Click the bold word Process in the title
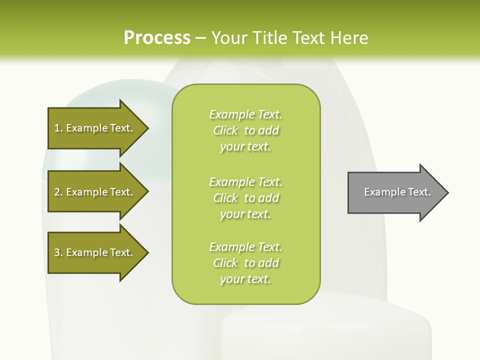[x=157, y=38]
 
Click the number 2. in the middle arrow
[x=58, y=192]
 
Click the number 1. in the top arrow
[x=58, y=128]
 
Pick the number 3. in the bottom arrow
[x=58, y=252]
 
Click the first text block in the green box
[x=246, y=130]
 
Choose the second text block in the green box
[x=246, y=197]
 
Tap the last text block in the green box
[x=246, y=263]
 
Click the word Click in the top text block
[x=225, y=130]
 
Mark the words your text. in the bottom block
[x=245, y=279]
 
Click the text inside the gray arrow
[x=397, y=192]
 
